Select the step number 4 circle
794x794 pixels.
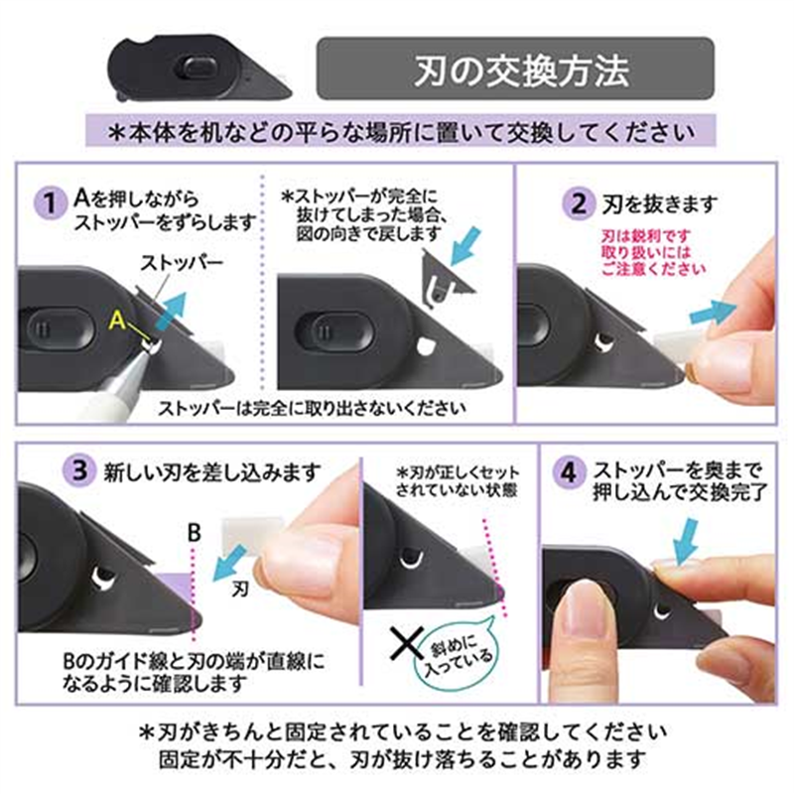[x=569, y=471]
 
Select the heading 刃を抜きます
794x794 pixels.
[x=659, y=205]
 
